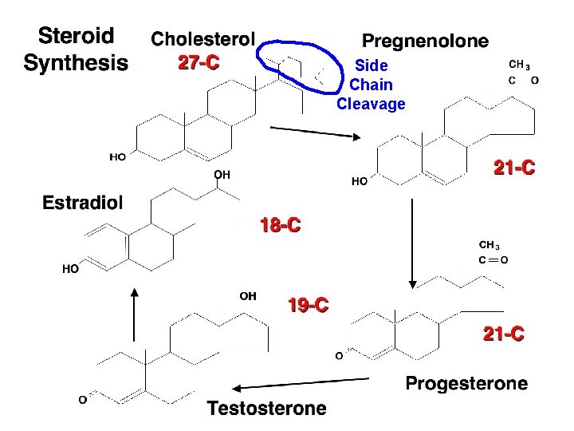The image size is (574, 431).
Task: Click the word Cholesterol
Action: (x=203, y=38)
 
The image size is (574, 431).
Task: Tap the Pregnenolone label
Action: (x=426, y=40)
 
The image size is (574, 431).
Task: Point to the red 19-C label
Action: (x=308, y=305)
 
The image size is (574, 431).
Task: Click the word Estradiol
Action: (x=83, y=202)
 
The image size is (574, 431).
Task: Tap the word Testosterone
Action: (x=267, y=409)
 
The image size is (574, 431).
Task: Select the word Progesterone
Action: (x=466, y=383)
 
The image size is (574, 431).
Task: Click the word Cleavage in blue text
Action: (x=371, y=104)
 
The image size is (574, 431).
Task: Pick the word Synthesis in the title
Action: (x=76, y=62)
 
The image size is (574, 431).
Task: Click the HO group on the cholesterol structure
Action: (x=117, y=157)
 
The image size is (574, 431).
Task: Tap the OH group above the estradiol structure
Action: (x=222, y=173)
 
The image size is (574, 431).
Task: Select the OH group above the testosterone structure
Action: (x=248, y=295)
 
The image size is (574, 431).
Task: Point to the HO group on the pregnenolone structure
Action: (x=360, y=181)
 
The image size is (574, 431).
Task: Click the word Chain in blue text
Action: (x=372, y=84)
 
